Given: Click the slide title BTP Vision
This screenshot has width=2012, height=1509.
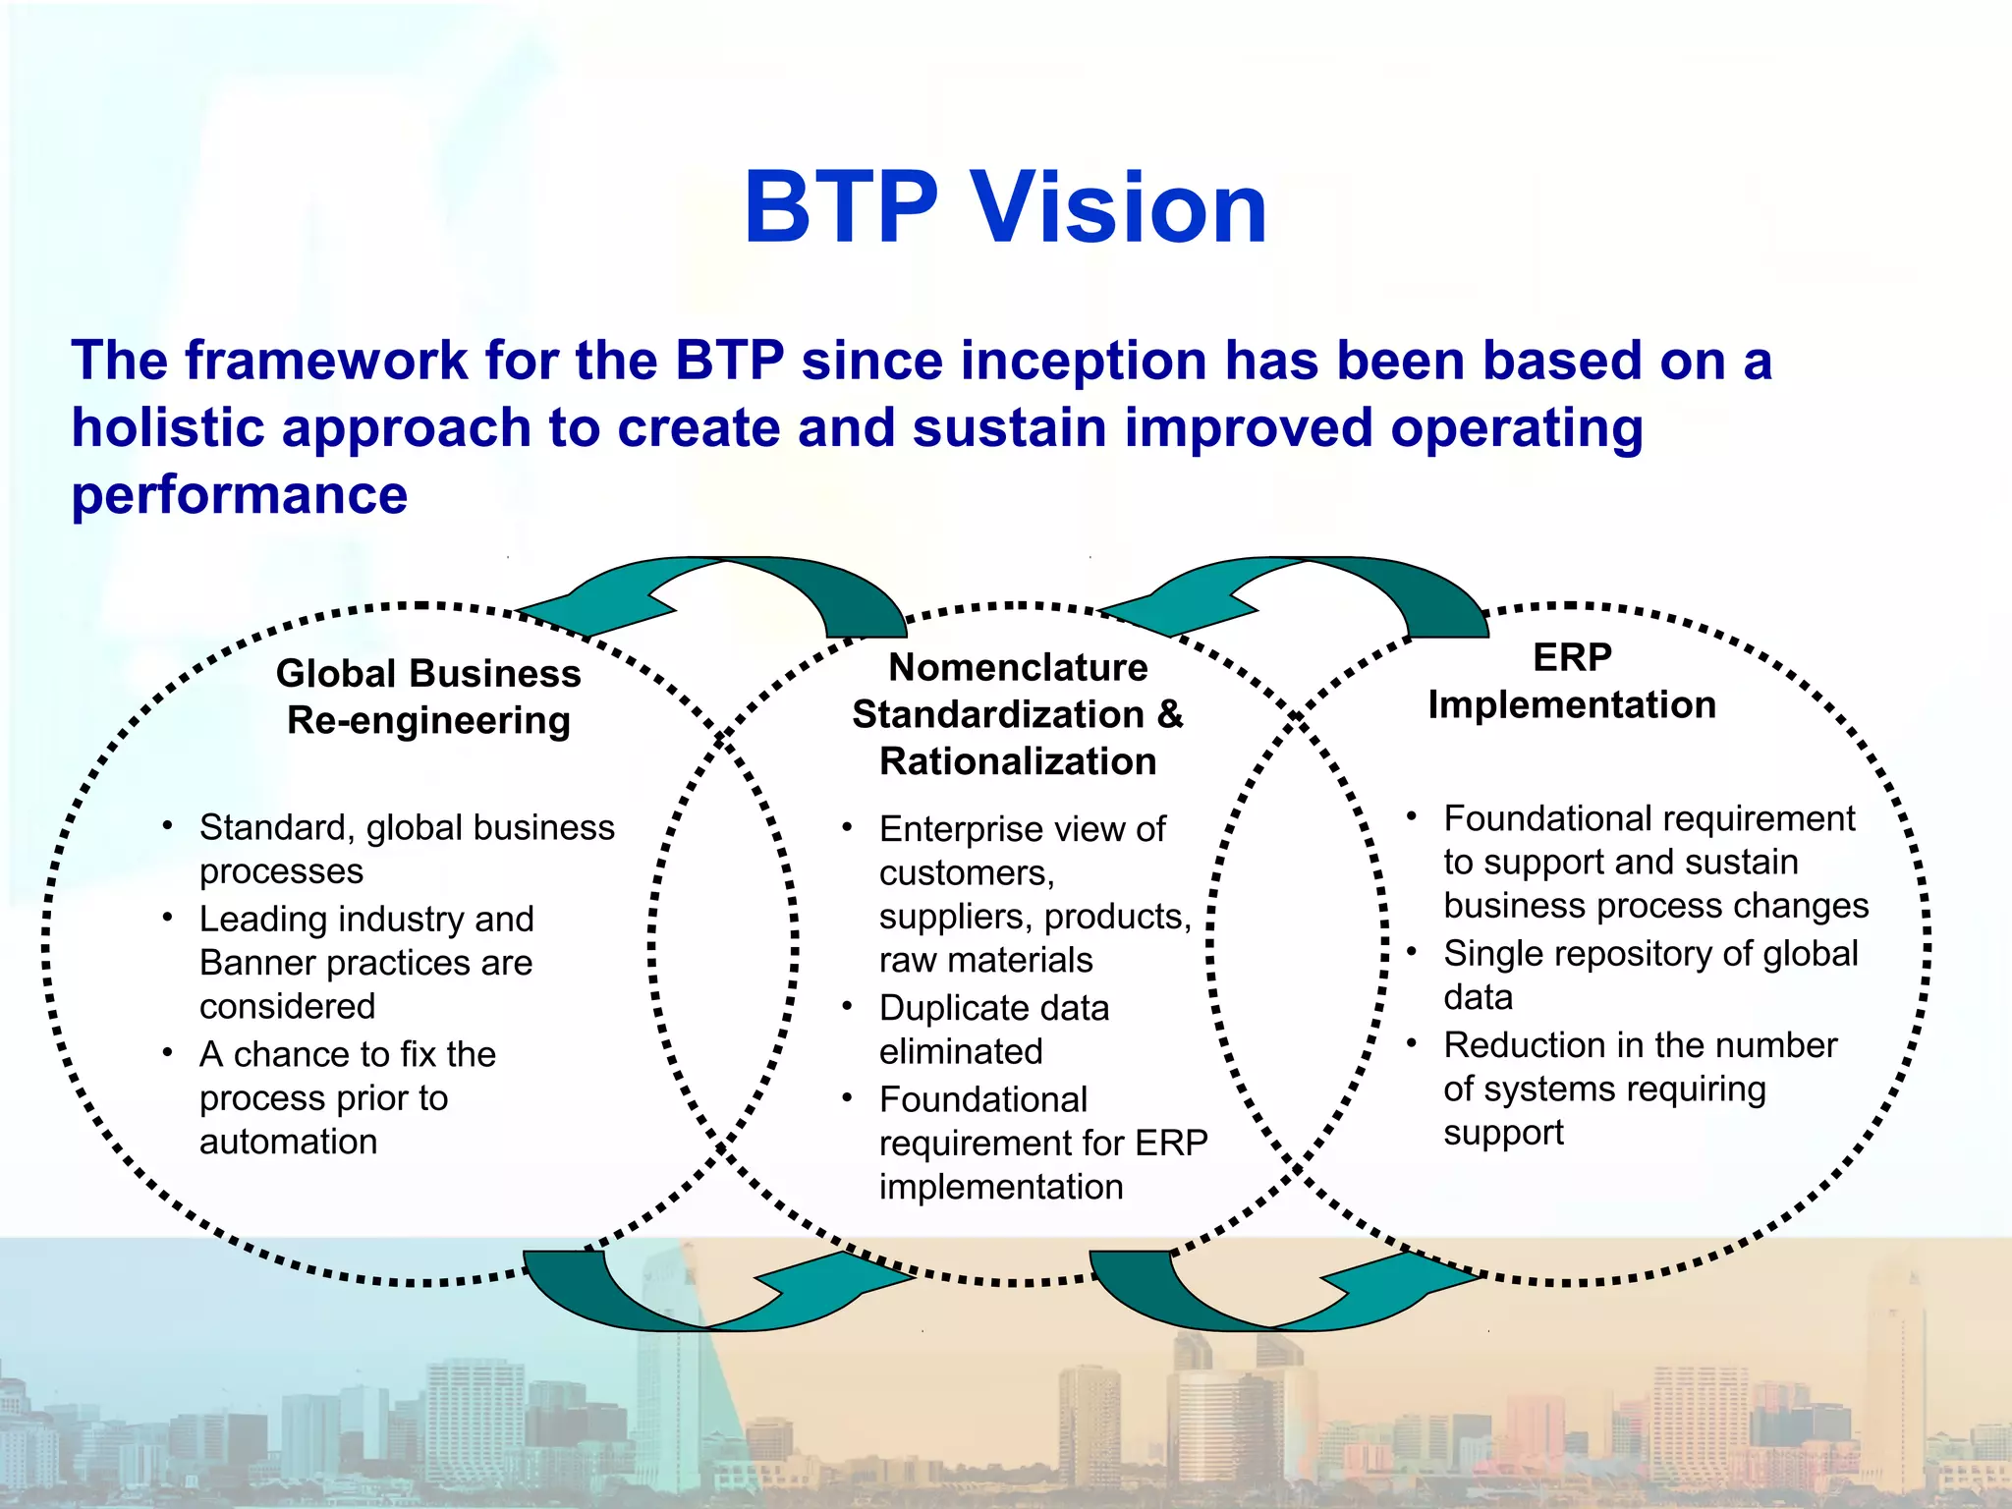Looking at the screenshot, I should (1005, 208).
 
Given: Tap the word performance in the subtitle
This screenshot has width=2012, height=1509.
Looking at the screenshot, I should (239, 495).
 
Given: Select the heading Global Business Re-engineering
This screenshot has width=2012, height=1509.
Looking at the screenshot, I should (428, 697).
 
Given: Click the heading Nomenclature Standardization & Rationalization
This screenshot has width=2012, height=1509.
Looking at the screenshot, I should (1018, 714).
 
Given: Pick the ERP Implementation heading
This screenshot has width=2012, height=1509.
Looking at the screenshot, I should (1572, 681).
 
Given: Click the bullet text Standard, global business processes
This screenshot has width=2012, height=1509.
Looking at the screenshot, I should (406, 849).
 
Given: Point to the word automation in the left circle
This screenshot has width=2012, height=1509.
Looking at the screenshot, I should (288, 1142).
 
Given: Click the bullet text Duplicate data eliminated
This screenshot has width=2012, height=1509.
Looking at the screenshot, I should (993, 1030).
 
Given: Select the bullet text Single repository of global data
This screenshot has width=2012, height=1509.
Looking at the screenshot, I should (1649, 975).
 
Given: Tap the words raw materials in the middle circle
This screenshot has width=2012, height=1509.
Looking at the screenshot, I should (985, 960).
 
